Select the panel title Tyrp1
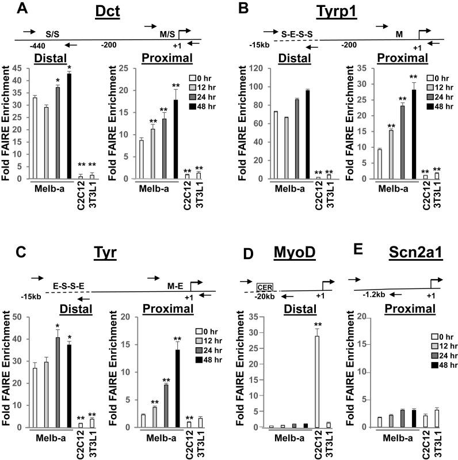tap(341, 11)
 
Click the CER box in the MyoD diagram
tap(265, 286)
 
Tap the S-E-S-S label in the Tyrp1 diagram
tap(297, 35)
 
